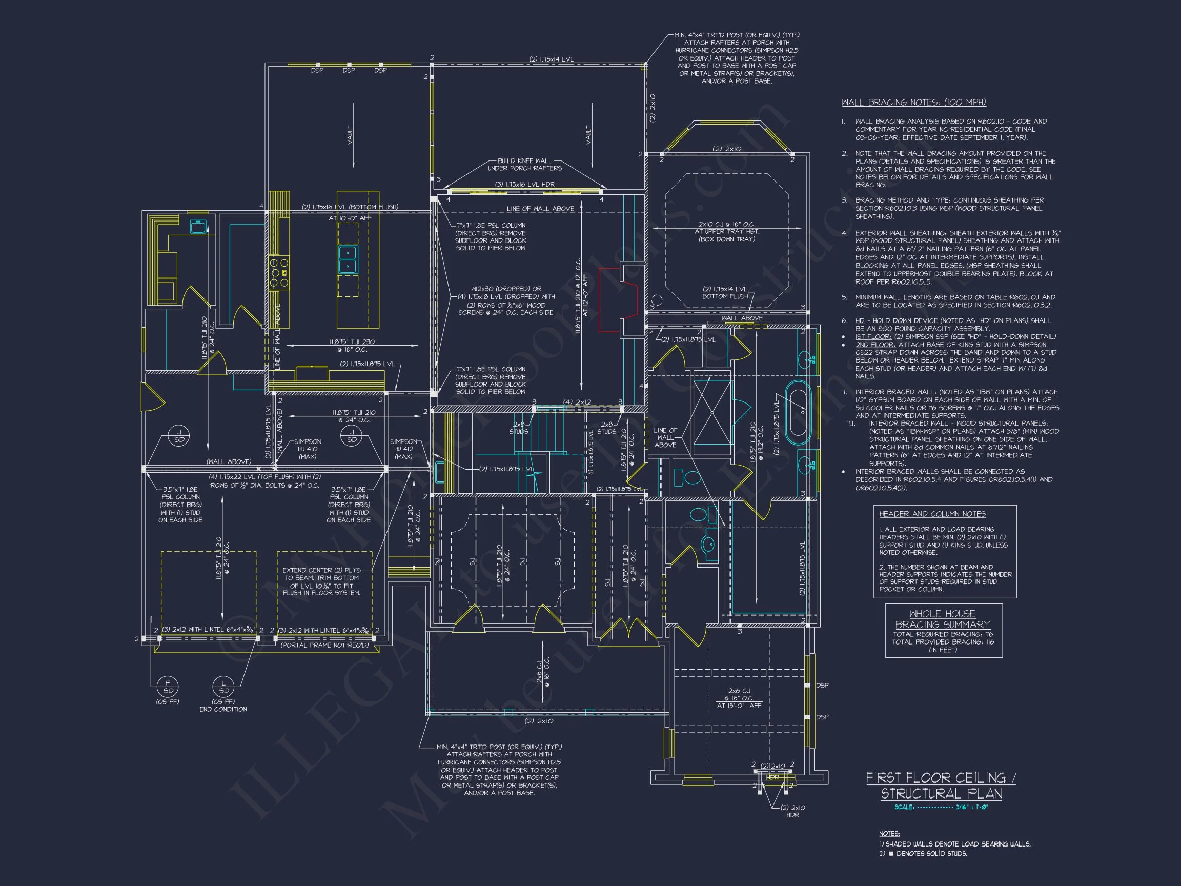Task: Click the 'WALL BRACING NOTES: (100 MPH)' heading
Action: point(913,103)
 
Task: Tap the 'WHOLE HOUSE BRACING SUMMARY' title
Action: point(942,619)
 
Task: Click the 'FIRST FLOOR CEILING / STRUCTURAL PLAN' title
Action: point(941,786)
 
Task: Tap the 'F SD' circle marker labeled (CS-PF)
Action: point(168,687)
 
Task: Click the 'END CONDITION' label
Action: point(223,709)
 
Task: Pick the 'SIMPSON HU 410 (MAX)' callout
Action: point(308,449)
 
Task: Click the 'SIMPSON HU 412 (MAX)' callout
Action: point(403,449)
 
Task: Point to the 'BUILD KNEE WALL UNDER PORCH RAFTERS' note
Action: point(524,165)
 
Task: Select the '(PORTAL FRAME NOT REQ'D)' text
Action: point(324,645)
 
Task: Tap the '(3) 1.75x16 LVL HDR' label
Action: point(524,184)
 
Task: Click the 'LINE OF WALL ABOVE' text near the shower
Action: point(665,437)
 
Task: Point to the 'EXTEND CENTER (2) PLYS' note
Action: point(321,570)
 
